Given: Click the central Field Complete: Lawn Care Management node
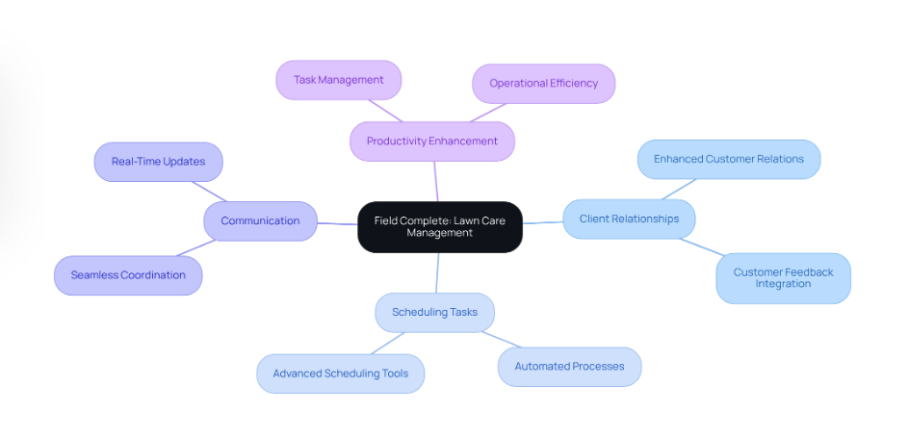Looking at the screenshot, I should tap(439, 227).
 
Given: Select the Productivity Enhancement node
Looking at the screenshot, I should tap(431, 141).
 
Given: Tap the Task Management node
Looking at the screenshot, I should tap(338, 80).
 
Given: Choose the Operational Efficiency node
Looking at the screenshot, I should tap(543, 84).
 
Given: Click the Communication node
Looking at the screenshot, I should tap(260, 221).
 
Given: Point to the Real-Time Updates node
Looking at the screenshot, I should tap(158, 162).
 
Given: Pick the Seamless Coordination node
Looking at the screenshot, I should tap(128, 275).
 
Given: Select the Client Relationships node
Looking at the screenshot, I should tap(629, 219).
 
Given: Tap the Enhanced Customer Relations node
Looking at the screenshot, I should tap(728, 160).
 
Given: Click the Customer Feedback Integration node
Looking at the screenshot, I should tap(783, 278).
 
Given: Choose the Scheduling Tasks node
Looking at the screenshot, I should tap(434, 313).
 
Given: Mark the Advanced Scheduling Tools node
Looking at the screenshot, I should tap(340, 373).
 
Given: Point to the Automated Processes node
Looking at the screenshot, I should tap(569, 367).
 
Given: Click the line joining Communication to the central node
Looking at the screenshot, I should tap(337, 224).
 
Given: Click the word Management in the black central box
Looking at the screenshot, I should tap(439, 233).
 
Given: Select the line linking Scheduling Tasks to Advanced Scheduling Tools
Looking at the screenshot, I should tap(388, 343).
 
